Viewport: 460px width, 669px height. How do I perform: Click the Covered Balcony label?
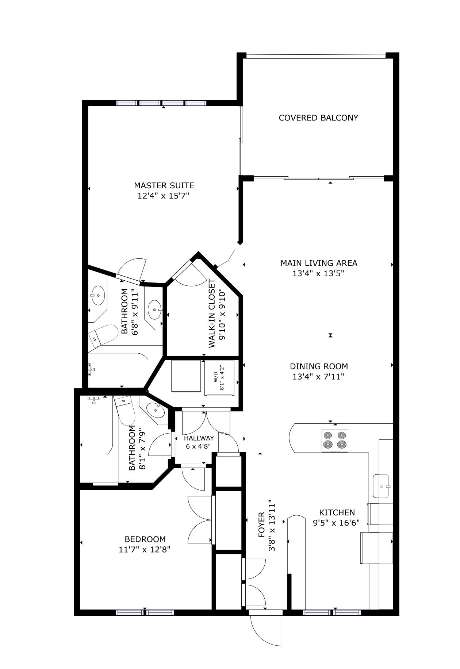(x=318, y=118)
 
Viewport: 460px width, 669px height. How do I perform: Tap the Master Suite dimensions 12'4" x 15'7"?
(x=164, y=196)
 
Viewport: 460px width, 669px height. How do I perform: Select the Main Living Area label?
(x=319, y=263)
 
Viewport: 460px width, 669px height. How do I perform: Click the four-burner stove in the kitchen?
(x=335, y=441)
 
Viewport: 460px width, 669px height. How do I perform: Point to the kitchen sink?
(x=382, y=486)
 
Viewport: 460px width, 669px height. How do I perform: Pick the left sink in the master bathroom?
(x=98, y=296)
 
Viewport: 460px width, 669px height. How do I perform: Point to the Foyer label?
(x=262, y=525)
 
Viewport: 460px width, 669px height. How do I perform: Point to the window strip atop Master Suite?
(x=162, y=103)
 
